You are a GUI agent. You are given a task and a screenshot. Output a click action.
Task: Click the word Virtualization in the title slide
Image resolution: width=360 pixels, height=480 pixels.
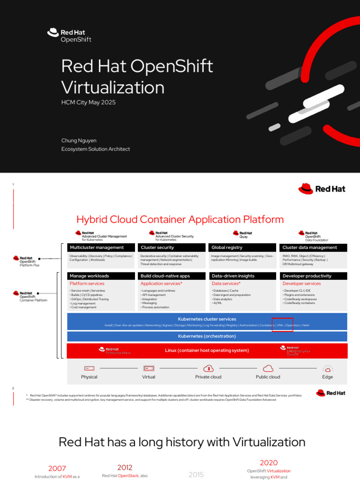(x=112, y=88)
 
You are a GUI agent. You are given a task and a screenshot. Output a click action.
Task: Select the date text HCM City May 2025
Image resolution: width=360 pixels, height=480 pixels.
(x=88, y=102)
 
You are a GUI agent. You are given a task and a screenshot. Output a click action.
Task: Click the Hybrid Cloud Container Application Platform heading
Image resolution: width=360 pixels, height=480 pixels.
(x=180, y=219)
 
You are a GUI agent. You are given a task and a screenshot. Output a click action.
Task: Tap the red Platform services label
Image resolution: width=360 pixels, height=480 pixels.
(x=87, y=284)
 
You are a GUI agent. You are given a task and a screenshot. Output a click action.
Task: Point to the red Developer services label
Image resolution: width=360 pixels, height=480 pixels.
(x=301, y=284)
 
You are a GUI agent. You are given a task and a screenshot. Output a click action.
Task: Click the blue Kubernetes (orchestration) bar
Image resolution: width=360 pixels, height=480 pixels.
(x=207, y=336)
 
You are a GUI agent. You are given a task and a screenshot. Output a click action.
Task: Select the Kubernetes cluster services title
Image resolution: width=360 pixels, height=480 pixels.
(x=207, y=319)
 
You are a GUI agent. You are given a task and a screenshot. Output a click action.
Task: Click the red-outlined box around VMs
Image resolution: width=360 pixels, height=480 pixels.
(x=283, y=324)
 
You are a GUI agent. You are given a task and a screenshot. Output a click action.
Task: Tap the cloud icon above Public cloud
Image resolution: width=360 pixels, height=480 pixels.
(x=268, y=368)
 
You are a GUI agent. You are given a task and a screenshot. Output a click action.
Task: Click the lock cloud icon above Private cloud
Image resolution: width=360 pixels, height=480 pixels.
(x=209, y=368)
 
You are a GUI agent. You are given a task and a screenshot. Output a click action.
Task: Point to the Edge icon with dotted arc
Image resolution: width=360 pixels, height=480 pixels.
(x=328, y=368)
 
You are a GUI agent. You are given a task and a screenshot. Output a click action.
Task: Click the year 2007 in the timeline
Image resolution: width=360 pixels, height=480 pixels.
(x=57, y=468)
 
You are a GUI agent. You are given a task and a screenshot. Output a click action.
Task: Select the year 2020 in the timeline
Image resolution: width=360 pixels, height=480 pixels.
(x=269, y=463)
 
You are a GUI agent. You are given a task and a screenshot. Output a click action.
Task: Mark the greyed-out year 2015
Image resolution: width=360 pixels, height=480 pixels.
(x=196, y=475)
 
